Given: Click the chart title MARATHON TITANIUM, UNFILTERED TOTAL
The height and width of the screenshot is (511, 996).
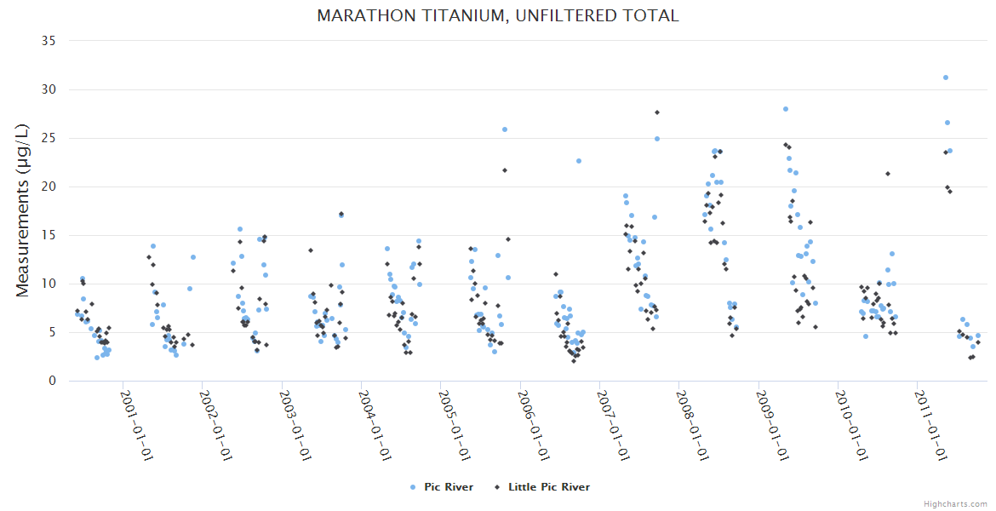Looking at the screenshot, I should point(498,15).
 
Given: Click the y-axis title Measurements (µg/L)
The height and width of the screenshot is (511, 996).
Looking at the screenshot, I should point(23,210).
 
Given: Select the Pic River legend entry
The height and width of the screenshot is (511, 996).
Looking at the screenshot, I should point(441,487).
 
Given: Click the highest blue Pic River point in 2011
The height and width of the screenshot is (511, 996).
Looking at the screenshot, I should point(946,78).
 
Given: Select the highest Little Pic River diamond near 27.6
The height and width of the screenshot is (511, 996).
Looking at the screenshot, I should point(657,112).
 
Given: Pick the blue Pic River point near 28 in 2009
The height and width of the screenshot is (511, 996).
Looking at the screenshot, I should point(786,109).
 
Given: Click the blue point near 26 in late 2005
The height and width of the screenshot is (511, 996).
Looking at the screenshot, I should point(505,129).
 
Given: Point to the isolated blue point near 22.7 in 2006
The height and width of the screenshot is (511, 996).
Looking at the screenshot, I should point(579,161).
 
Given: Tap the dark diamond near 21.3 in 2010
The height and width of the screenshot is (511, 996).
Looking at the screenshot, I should point(888,174).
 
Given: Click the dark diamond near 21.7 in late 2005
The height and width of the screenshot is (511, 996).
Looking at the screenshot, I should point(505,170).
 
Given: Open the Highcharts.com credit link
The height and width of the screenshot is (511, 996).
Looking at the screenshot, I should point(955,503).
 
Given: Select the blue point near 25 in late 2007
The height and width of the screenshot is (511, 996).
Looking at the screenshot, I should point(657,139).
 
